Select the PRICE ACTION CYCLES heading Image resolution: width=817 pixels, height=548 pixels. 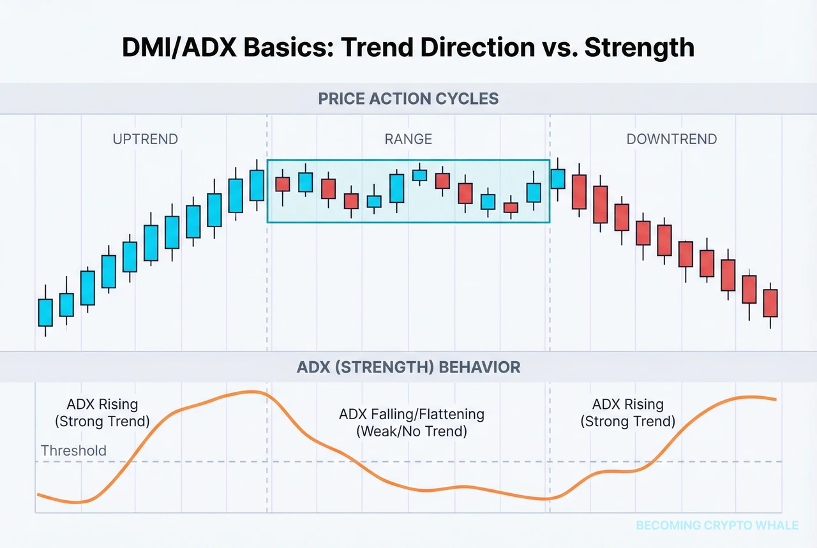[408, 100]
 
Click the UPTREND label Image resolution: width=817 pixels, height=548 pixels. [146, 139]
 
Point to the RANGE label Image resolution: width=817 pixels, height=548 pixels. [408, 139]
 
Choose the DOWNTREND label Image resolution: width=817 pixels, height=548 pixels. [671, 139]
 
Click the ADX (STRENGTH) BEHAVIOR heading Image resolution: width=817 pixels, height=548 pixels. [408, 367]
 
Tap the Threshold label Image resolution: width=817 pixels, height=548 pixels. [73, 450]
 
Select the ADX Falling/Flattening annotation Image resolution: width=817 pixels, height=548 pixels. [412, 414]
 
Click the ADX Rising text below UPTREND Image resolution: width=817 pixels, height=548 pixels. [102, 404]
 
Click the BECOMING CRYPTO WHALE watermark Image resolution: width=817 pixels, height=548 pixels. [717, 526]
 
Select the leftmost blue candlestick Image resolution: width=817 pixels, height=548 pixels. [45, 313]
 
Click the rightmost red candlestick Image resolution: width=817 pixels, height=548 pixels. [771, 303]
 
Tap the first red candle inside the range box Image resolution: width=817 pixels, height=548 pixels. [283, 184]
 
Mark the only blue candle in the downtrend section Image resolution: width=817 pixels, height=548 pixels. [558, 179]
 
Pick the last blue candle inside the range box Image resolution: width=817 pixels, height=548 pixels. [534, 193]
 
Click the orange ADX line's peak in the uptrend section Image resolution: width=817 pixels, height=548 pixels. [250, 392]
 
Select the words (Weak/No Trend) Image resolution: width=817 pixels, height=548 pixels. [412, 431]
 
